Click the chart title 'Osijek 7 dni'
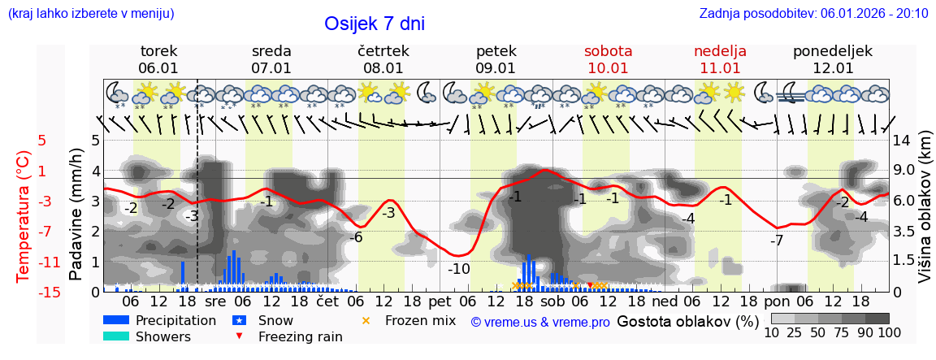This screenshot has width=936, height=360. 374,24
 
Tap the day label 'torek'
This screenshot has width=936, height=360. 158,51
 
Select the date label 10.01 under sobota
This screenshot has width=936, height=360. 608,68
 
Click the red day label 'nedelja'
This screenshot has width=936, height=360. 720,51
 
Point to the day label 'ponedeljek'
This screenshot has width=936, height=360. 833,51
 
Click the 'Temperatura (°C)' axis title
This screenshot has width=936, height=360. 24,216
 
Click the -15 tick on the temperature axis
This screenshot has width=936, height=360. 50,293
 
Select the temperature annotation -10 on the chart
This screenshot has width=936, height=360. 459,269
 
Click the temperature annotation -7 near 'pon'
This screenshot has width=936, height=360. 778,241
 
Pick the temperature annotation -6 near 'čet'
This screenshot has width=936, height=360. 355,237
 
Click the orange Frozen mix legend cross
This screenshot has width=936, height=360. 365,321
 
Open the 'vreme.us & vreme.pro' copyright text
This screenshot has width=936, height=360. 540,322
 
